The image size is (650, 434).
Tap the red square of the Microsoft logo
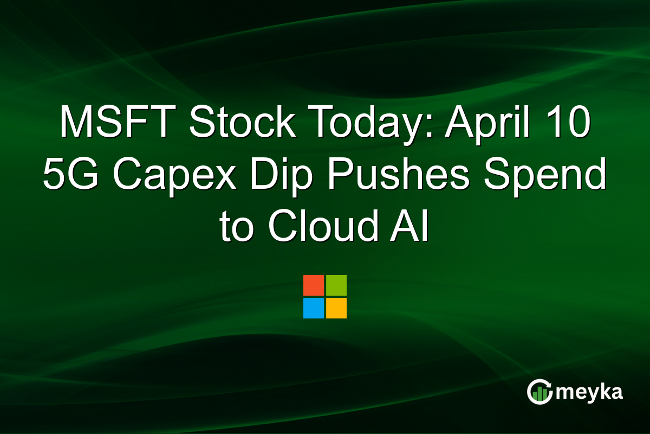(x=314, y=285)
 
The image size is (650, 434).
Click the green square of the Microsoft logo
(x=336, y=285)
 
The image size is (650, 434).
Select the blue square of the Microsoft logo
(x=314, y=308)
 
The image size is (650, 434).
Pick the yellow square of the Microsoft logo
(x=336, y=308)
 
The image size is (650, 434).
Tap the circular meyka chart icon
(x=539, y=392)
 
